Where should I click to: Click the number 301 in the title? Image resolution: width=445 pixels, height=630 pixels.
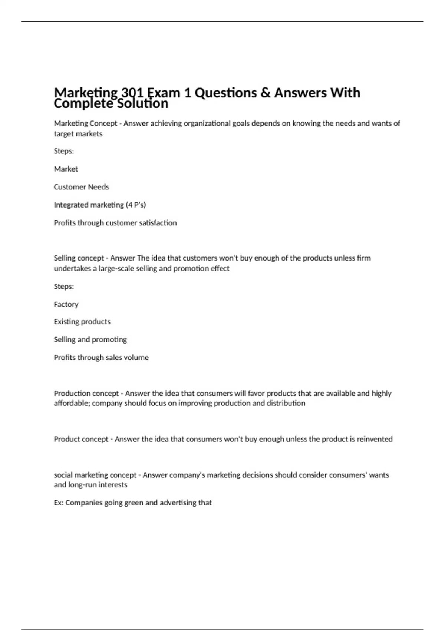tap(132, 93)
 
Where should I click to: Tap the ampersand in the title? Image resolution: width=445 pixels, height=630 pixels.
tap(266, 93)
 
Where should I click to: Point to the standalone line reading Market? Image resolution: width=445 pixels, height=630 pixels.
tap(66, 169)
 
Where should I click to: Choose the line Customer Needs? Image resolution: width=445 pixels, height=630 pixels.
tap(81, 187)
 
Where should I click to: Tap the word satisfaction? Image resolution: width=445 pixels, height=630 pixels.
tap(158, 223)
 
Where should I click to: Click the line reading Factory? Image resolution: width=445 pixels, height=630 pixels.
tap(66, 304)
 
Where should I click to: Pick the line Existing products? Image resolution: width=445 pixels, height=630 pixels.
tap(82, 322)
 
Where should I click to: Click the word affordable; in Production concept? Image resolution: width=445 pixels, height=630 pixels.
tap(72, 403)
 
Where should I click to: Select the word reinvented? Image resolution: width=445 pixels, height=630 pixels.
tap(375, 439)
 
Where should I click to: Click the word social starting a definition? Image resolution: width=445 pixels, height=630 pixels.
tap(63, 475)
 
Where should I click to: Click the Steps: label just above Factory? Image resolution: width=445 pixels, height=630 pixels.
tap(64, 286)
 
